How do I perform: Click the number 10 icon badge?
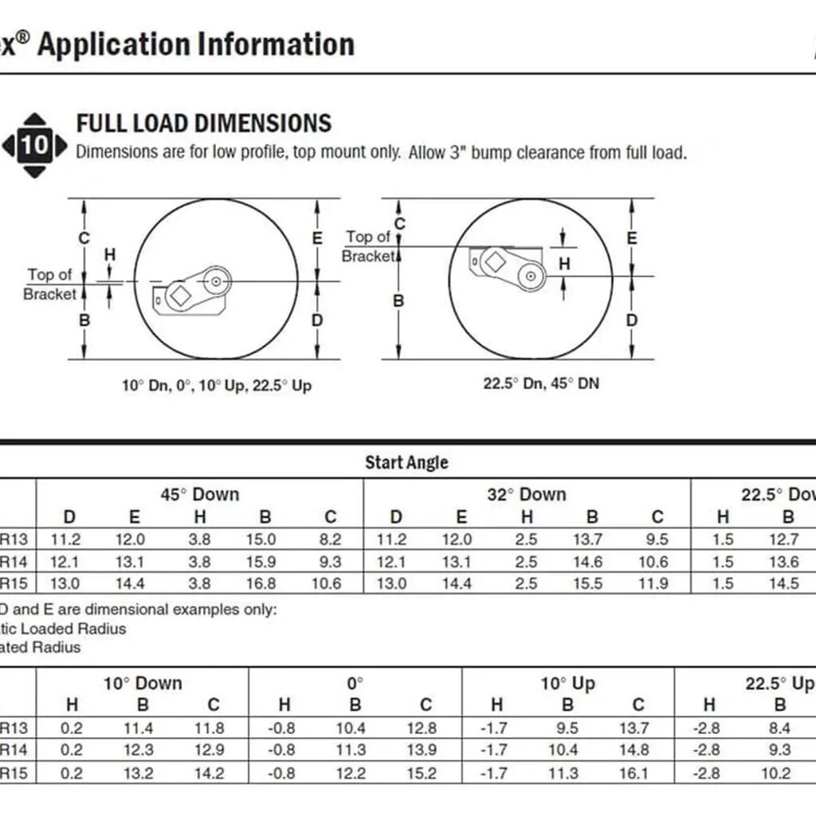tap(34, 145)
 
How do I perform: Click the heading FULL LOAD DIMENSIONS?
tap(203, 124)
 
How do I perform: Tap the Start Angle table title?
tap(406, 462)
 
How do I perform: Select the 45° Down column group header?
tap(199, 494)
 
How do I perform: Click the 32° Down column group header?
tap(527, 494)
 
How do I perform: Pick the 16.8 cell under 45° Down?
tap(261, 583)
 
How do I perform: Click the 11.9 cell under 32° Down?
tap(653, 583)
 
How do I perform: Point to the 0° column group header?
tap(355, 683)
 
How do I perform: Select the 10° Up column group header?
tap(567, 683)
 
